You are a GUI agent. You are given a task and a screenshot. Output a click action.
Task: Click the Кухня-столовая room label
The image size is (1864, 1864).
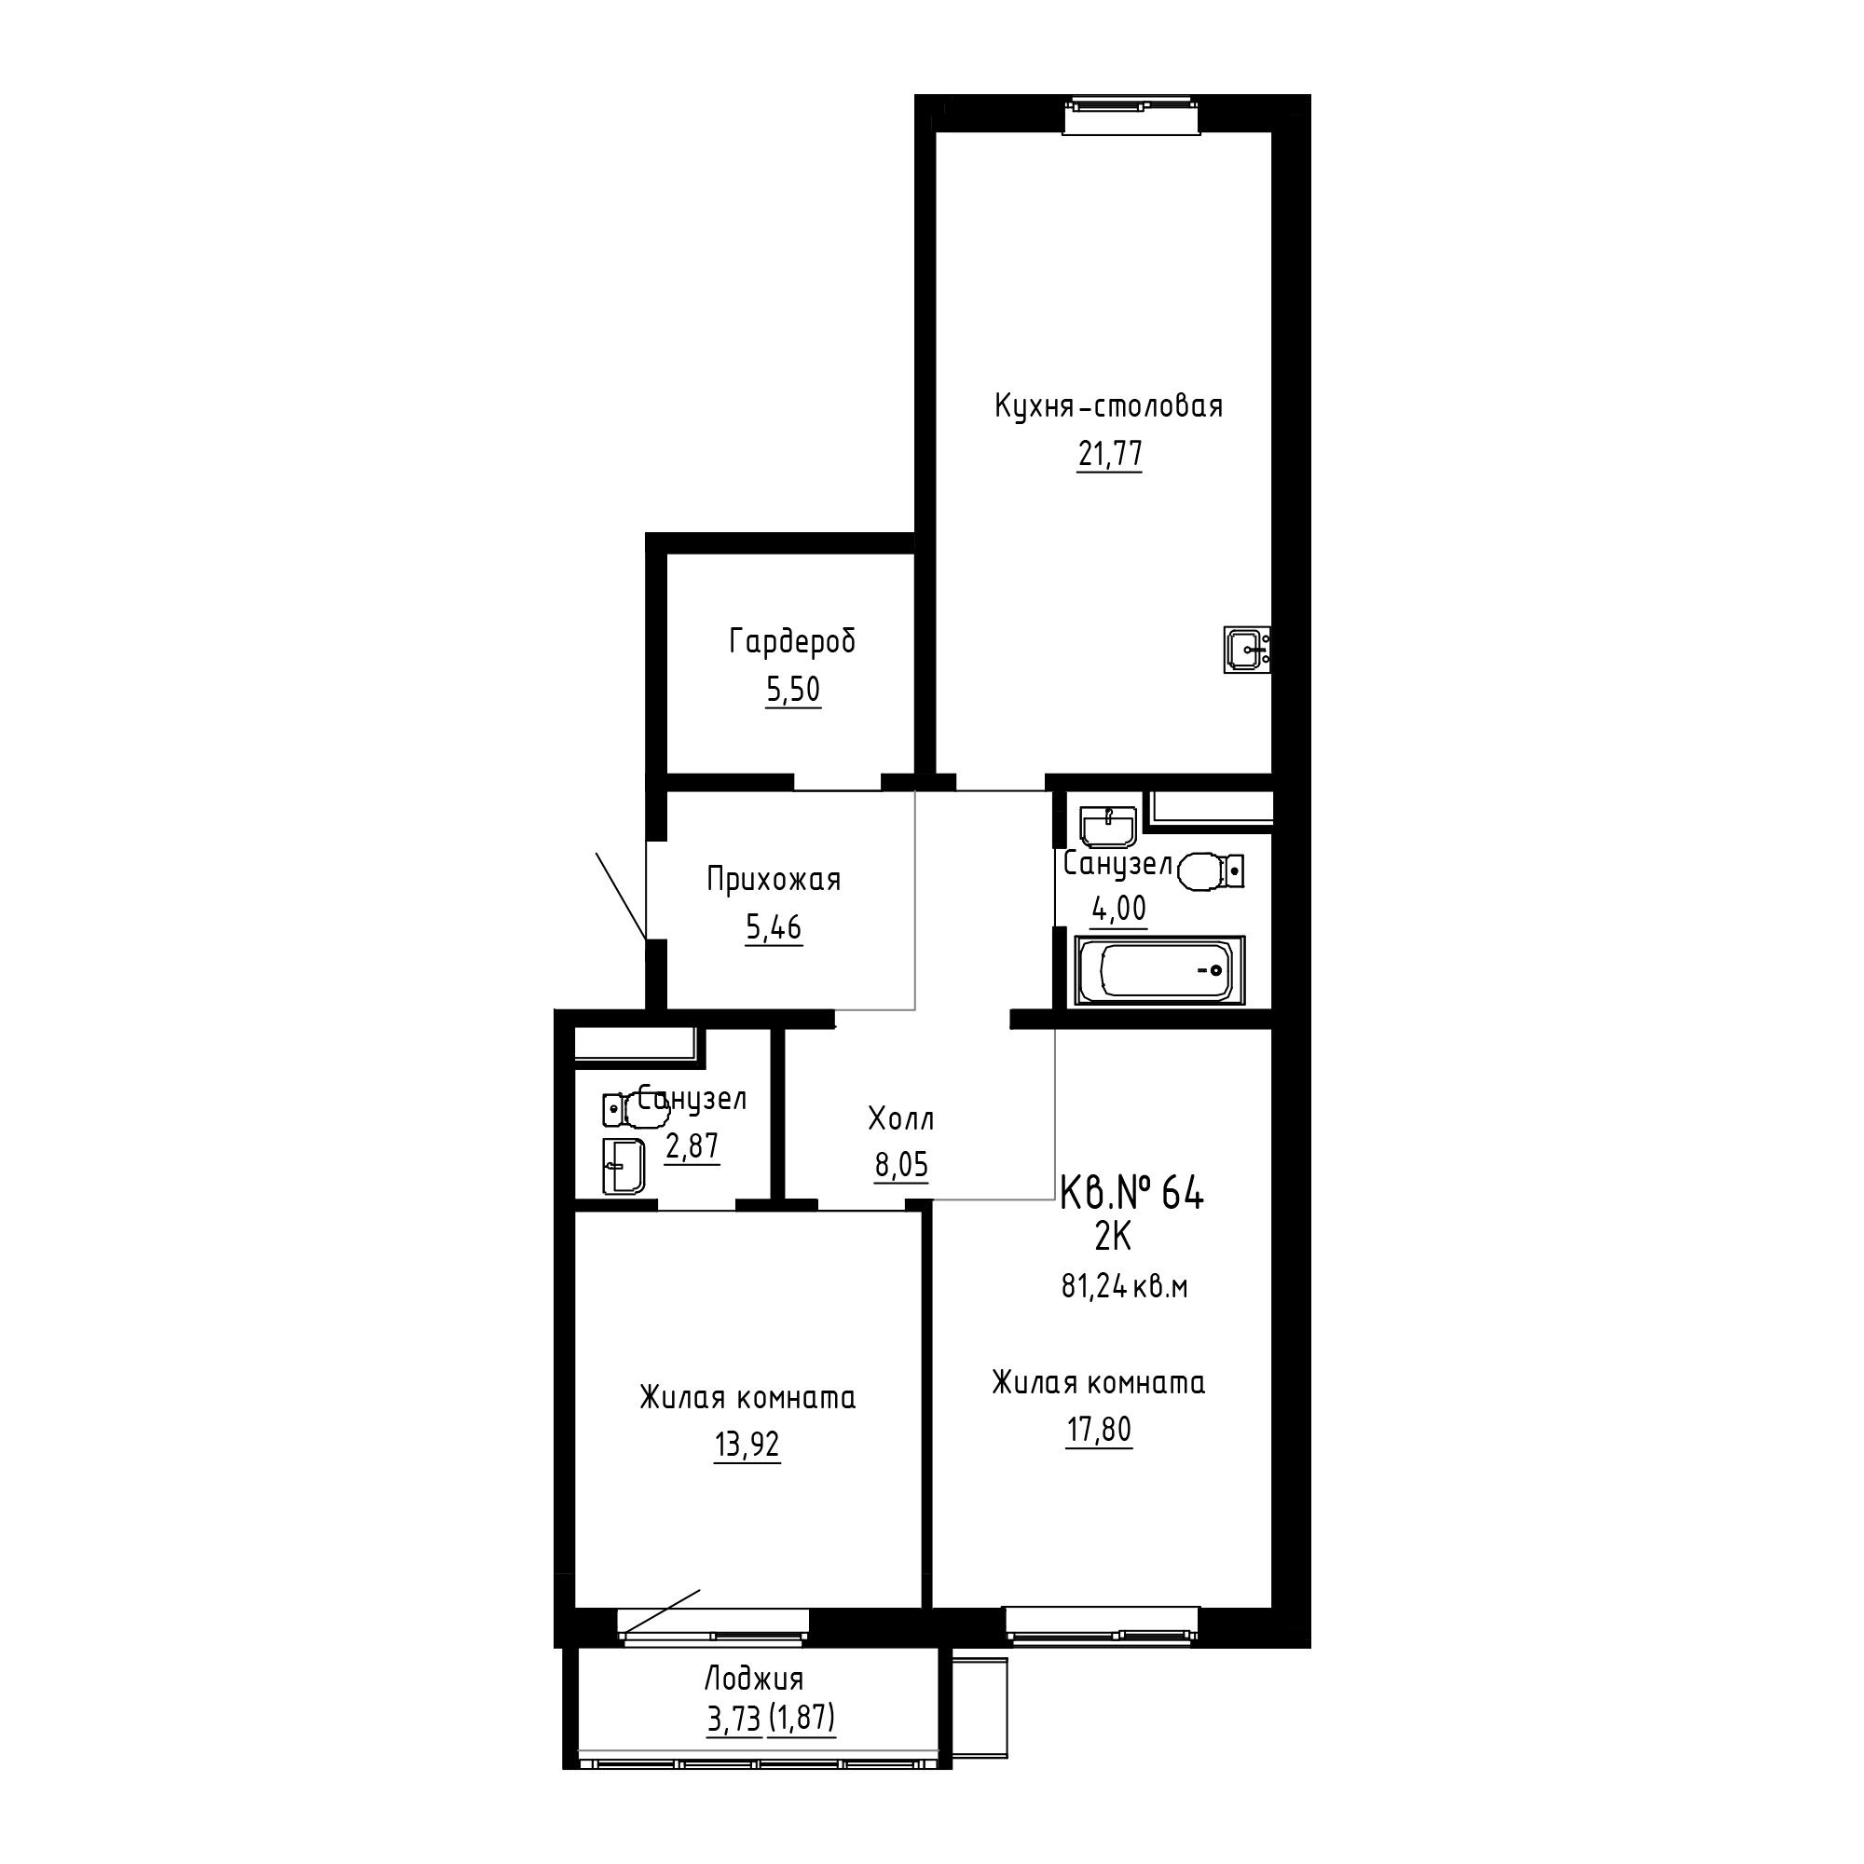1108,406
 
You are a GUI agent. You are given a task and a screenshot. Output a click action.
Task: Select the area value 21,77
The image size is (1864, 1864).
1109,453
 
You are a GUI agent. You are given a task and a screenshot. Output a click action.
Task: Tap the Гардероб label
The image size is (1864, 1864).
792,641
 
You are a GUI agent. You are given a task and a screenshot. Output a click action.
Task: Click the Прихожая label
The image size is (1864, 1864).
774,880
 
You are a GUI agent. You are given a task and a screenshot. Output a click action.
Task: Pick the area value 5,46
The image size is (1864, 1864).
774,927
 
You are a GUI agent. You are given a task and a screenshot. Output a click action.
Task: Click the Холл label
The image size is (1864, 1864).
901,1119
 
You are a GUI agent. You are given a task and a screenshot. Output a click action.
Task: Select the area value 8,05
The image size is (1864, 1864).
901,1166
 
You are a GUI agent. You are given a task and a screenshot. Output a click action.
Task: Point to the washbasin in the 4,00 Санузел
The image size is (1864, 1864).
1109,826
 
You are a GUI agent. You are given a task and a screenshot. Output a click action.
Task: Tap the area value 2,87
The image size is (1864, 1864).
692,1146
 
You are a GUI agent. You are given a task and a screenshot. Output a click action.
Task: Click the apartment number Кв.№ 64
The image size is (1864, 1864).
1131,1195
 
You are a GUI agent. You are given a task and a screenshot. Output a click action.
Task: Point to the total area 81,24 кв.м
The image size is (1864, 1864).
1125,1287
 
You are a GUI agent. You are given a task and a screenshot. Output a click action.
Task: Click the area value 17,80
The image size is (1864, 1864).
1099,1429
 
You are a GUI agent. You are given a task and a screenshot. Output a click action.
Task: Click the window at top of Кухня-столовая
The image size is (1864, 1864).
1132,115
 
